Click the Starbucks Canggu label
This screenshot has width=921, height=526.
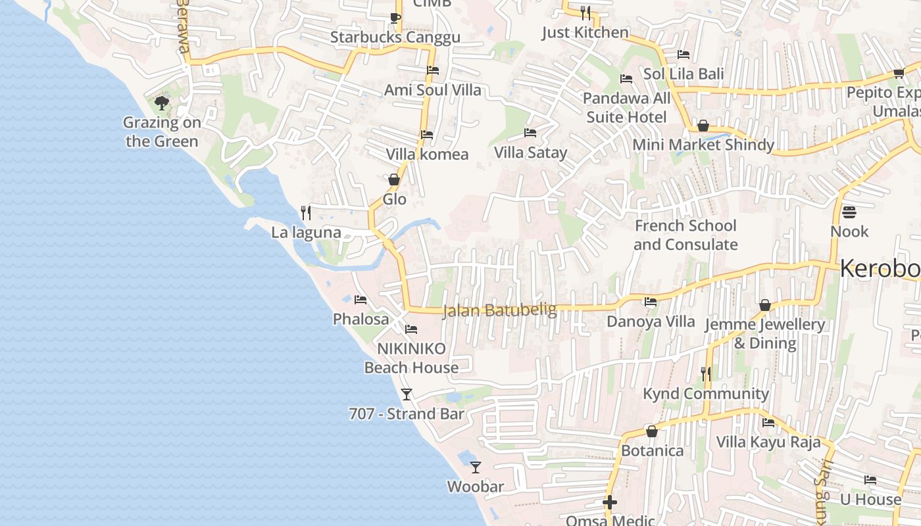[395, 37]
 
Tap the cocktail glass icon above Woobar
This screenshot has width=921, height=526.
[476, 467]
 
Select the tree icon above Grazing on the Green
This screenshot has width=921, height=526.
[161, 103]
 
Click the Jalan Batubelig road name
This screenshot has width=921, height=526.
[500, 310]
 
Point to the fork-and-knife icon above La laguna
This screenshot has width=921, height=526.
[305, 212]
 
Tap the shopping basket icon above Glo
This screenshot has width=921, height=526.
[394, 179]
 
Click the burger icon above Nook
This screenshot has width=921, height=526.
[849, 212]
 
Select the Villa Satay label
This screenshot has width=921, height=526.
[530, 153]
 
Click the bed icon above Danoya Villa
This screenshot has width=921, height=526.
[651, 302]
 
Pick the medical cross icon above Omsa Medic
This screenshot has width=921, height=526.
[610, 503]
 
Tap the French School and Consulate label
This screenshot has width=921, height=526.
[685, 235]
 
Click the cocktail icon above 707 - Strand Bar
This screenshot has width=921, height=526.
[407, 394]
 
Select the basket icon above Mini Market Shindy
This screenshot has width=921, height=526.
[703, 126]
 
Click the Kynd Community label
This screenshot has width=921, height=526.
[705, 393]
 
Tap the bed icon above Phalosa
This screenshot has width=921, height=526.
[360, 300]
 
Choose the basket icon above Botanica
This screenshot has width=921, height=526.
[652, 432]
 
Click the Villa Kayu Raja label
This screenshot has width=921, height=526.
[768, 441]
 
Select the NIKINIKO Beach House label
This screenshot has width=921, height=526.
[411, 358]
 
